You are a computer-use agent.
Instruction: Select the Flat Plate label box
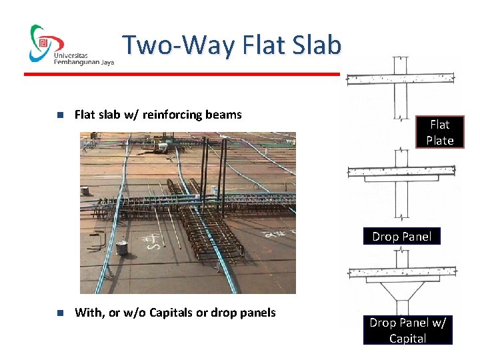[x=439, y=132]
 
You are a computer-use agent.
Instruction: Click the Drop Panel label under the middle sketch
[x=401, y=237]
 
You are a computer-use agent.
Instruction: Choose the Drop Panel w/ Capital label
[x=407, y=330]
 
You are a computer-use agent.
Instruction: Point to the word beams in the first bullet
[x=224, y=115]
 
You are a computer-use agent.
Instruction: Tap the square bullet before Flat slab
[x=59, y=115]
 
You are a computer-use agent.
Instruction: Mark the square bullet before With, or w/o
[x=59, y=313]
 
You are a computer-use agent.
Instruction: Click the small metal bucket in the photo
[x=121, y=248]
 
